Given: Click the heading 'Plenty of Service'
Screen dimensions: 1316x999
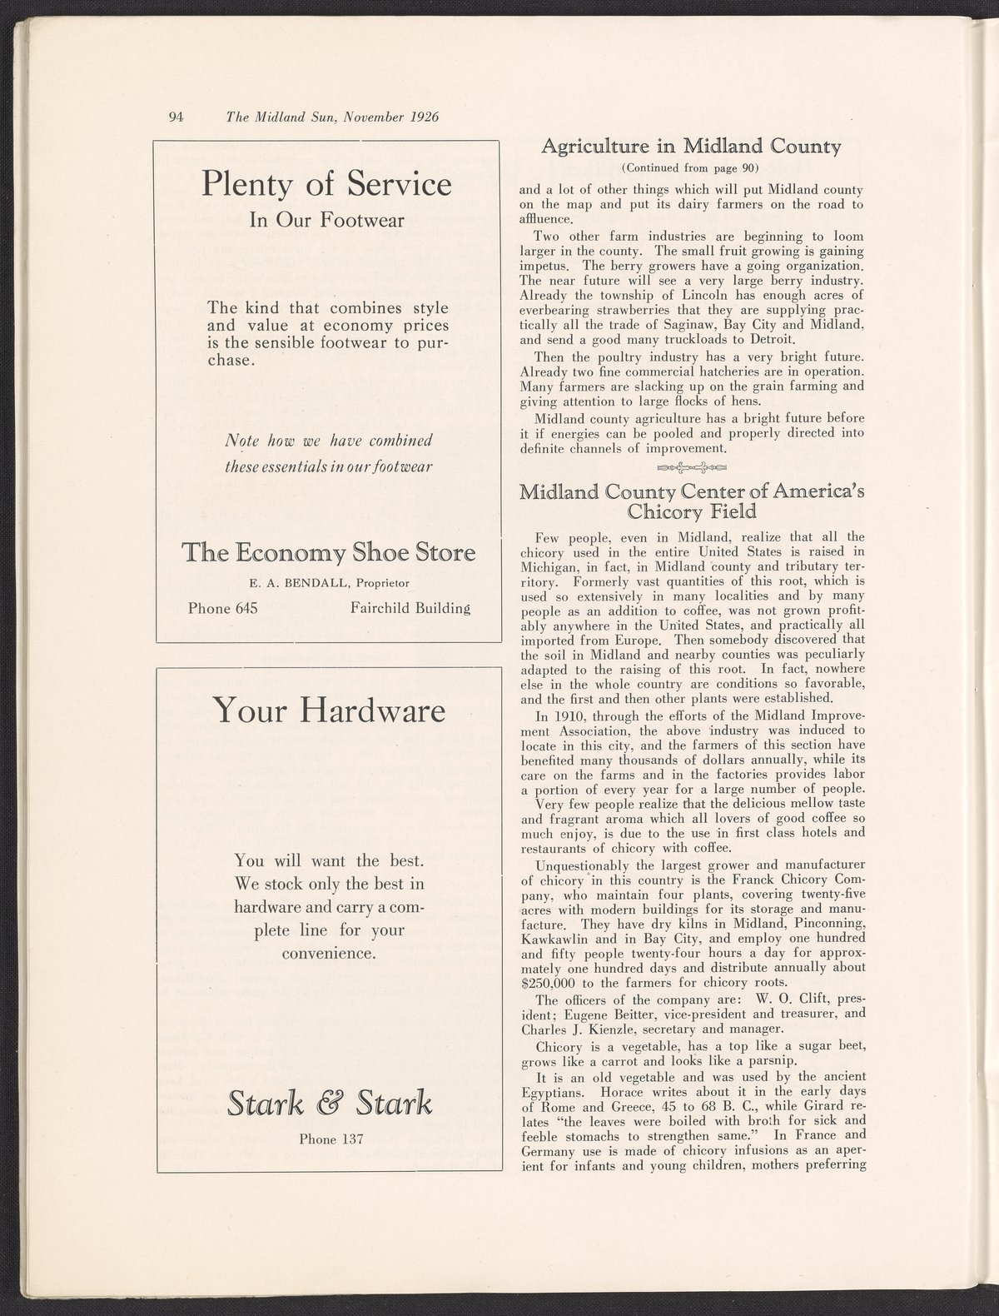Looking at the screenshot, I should pyautogui.click(x=326, y=184).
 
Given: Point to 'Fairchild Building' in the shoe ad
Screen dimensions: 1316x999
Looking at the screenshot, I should pyautogui.click(x=410, y=608).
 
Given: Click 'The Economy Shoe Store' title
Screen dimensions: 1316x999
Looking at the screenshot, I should pyautogui.click(x=329, y=553).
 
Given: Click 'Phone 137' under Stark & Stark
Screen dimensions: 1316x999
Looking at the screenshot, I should pyautogui.click(x=331, y=1139).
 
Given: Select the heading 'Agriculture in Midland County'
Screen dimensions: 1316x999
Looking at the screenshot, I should pyautogui.click(x=691, y=147).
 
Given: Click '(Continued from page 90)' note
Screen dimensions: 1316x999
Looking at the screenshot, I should pyautogui.click(x=691, y=167).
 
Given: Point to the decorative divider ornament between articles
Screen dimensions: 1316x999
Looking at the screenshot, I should pyautogui.click(x=691, y=466).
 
